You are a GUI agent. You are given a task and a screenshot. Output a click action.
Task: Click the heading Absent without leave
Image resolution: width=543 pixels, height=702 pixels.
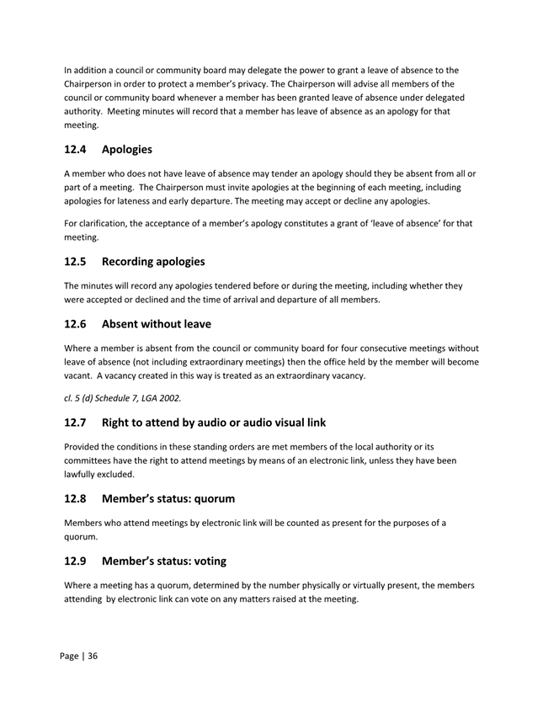(156, 323)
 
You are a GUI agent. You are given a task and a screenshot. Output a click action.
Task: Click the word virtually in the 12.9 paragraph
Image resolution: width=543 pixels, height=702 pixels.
(360, 585)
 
